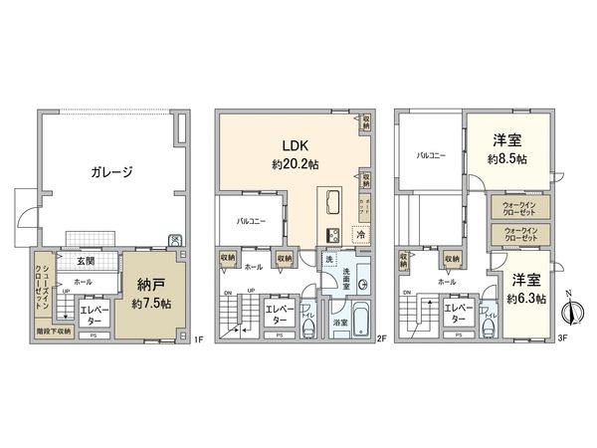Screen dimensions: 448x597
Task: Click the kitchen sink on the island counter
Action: (330, 234)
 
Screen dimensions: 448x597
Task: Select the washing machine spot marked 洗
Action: (328, 260)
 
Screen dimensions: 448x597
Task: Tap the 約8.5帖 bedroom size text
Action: (507, 158)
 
